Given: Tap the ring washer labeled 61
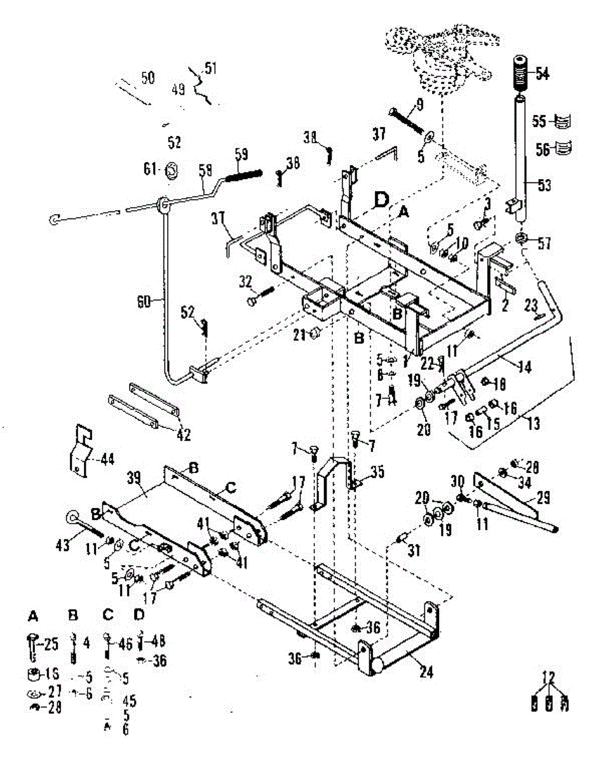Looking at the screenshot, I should [x=171, y=170].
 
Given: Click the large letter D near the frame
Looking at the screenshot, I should [x=381, y=201].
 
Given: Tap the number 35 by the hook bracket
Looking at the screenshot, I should [x=377, y=472].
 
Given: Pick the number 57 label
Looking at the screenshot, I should [x=545, y=243].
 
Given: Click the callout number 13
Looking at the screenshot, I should [x=532, y=424].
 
